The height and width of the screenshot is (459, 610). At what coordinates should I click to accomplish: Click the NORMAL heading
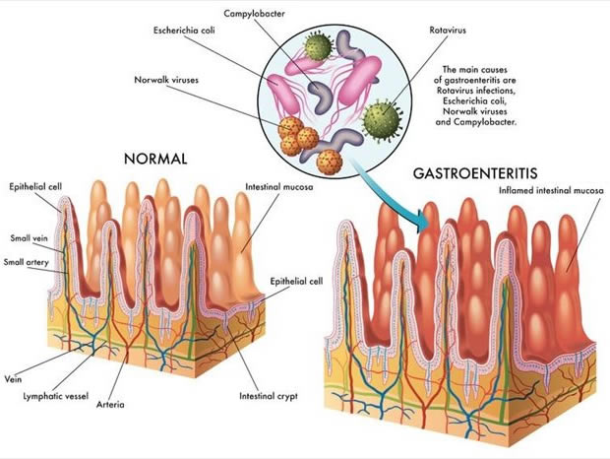[155, 159]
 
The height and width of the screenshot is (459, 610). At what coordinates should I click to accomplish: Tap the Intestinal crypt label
[268, 397]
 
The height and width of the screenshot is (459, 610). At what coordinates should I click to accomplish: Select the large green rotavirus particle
[379, 123]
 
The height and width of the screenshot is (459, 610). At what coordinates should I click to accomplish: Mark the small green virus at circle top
[318, 47]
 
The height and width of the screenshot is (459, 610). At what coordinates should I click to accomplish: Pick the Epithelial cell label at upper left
[35, 186]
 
